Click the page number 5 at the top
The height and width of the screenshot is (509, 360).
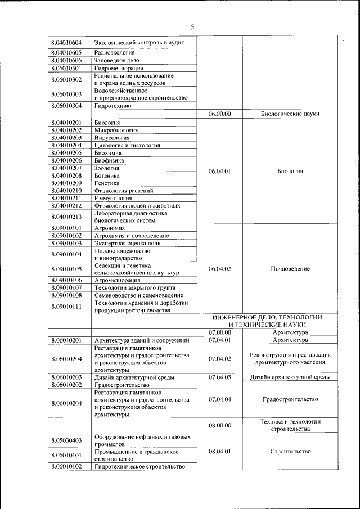192,26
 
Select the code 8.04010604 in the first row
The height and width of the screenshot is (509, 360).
66,43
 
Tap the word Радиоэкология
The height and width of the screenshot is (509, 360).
115,52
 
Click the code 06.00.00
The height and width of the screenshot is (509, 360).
219,113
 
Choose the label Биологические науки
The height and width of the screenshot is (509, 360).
290,113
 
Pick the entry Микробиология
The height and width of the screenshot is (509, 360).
117,130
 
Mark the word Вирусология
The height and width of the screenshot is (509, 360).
112,137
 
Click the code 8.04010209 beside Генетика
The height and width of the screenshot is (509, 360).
66,183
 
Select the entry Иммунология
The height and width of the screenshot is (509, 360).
115,198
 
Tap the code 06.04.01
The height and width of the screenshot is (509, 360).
219,172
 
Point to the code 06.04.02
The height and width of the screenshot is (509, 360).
219,269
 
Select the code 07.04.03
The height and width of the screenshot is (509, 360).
219,377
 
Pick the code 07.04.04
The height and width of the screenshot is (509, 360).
219,399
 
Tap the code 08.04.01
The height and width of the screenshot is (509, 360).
219,451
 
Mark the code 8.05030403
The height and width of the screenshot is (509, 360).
66,440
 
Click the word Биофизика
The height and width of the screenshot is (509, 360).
110,160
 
